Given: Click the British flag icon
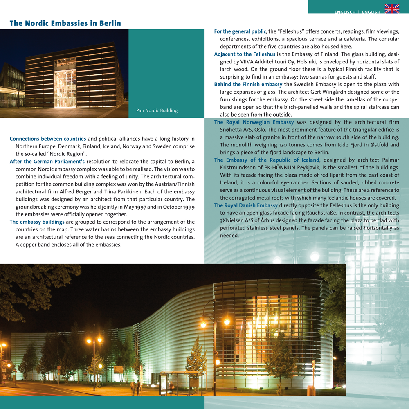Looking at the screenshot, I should (392, 9).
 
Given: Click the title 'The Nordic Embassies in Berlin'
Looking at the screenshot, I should (65, 23).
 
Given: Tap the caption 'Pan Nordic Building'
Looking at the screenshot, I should (157, 110).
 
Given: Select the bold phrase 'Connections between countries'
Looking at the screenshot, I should (48, 139).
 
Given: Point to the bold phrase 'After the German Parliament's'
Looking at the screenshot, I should (47, 162).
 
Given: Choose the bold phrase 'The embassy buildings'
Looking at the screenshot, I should (36, 222).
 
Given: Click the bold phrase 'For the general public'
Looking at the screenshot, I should (240, 31).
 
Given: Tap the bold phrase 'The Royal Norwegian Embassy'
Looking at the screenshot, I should (254, 122).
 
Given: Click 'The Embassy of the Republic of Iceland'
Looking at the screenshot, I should (267, 160).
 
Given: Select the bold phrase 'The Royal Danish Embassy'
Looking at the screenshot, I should (246, 205).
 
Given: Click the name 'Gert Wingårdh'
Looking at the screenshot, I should (331, 92).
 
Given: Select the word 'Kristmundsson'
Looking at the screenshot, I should (237, 168).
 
